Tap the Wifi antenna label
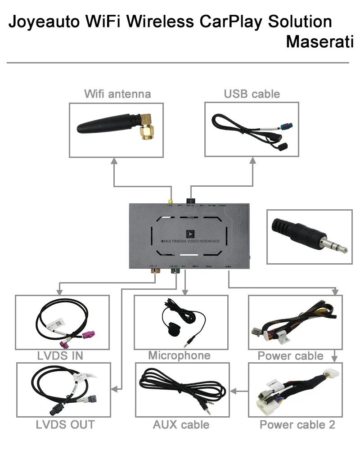(117, 94)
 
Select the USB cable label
(252, 94)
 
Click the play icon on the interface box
(189, 234)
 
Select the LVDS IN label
(60, 356)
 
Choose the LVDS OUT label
(66, 424)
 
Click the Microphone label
(180, 356)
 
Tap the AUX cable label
(181, 424)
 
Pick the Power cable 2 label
(297, 424)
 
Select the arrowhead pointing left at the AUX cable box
(233, 391)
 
